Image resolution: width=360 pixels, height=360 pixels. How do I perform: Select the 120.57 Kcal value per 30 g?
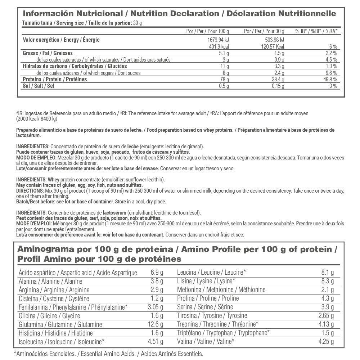pos(271,47)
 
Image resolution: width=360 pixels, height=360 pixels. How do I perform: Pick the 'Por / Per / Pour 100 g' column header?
pos(207,31)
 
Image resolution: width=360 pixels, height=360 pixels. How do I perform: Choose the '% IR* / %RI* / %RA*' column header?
pos(316,31)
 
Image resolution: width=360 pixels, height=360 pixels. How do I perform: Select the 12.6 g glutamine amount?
pos(156,324)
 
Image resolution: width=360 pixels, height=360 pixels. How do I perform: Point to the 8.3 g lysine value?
pos(327,281)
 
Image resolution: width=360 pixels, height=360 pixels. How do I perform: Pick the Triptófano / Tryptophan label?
pos(223,333)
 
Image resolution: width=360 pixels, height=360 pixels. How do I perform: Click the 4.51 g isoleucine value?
pos(155,342)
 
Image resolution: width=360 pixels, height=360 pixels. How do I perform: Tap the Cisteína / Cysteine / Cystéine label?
pos(54,298)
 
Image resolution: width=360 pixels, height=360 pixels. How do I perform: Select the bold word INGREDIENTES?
pos(33,147)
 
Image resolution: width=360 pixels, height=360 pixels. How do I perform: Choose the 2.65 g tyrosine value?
pos(325,316)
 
